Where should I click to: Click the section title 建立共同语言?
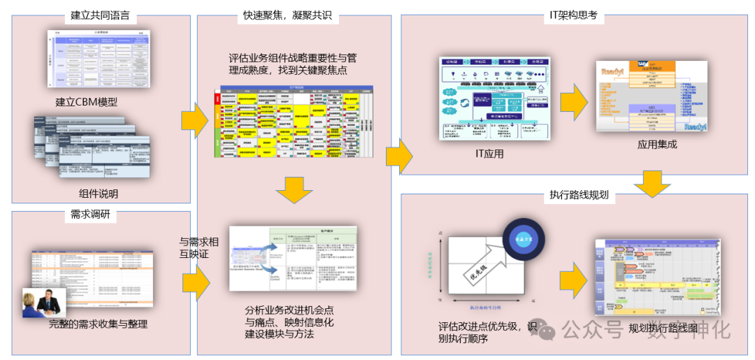tap(101, 15)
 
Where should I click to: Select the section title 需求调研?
tap(90, 213)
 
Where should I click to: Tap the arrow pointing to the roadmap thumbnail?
tap(573, 278)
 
